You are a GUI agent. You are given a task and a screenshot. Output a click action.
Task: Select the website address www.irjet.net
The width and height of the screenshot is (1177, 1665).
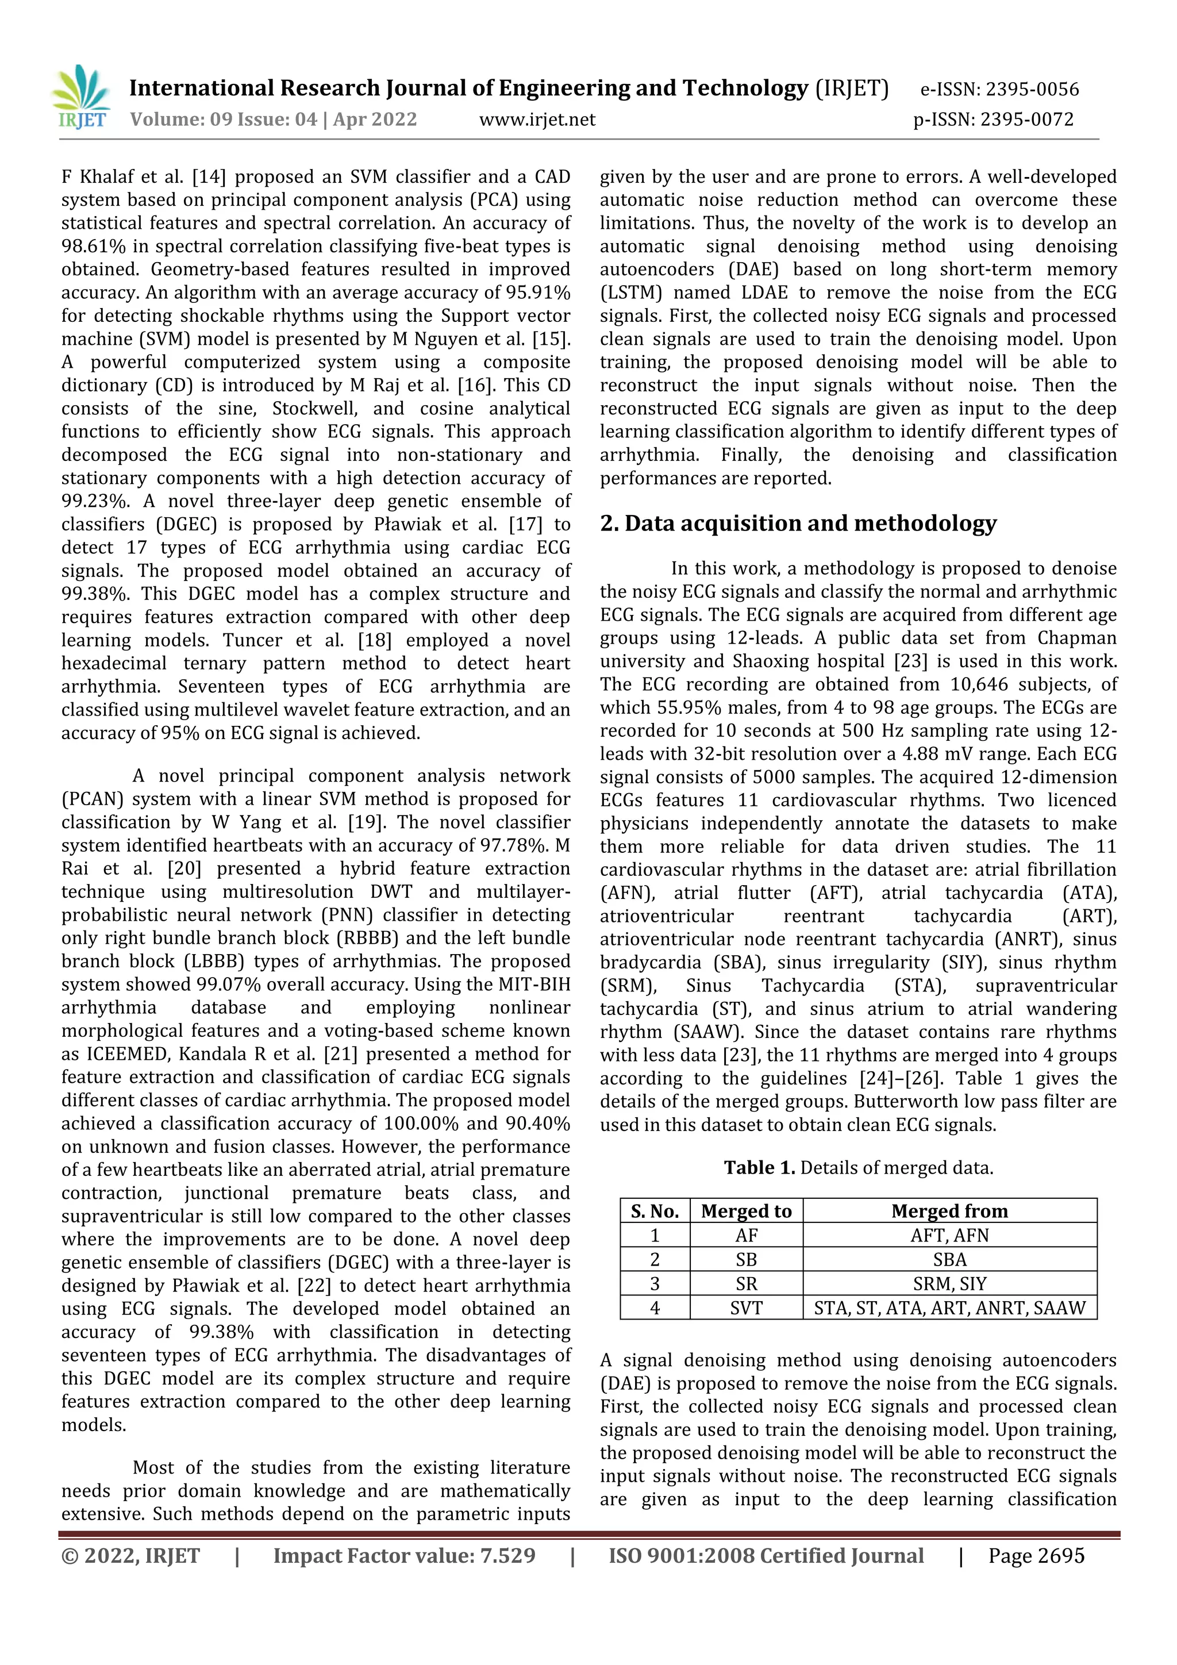tap(537, 120)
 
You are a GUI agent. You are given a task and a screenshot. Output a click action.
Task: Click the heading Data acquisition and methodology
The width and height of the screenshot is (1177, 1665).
tap(798, 524)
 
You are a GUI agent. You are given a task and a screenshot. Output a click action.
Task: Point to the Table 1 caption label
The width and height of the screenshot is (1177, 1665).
tap(759, 1167)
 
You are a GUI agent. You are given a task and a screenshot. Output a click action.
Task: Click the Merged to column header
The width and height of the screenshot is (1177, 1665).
tap(745, 1211)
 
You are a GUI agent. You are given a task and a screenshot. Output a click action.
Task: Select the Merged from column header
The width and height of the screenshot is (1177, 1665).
tap(949, 1211)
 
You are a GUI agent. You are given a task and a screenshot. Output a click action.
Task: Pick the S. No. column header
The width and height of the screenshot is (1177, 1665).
tap(655, 1211)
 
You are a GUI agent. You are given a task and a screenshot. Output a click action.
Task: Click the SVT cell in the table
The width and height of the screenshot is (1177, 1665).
tap(745, 1308)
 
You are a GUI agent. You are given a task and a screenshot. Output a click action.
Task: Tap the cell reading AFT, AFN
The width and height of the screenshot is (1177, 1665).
tap(949, 1235)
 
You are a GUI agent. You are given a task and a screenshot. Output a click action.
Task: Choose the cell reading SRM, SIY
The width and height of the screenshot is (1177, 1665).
tap(949, 1283)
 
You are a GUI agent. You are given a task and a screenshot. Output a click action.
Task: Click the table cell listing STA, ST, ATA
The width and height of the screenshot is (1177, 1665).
tap(949, 1308)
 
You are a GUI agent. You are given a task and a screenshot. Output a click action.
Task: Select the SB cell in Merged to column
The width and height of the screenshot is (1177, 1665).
tap(745, 1260)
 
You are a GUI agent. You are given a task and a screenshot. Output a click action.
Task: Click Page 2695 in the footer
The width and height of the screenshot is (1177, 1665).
tap(1036, 1556)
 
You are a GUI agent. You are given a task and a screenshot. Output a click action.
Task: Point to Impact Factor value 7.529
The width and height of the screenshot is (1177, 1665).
tap(404, 1556)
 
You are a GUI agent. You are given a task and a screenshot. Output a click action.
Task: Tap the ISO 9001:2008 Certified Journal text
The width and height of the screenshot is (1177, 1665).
tap(766, 1556)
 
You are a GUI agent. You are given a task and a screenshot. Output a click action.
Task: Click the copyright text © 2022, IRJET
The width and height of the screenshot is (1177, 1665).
tap(130, 1556)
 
